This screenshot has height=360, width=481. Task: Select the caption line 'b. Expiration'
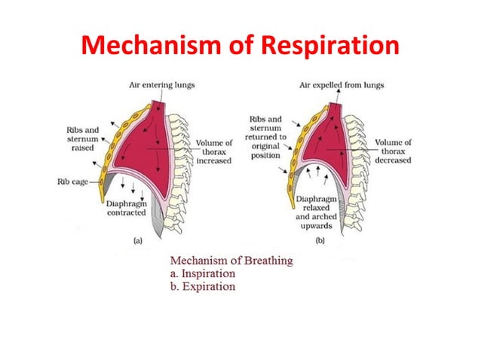click(201, 287)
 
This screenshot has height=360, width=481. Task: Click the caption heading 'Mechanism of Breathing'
click(231, 261)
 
